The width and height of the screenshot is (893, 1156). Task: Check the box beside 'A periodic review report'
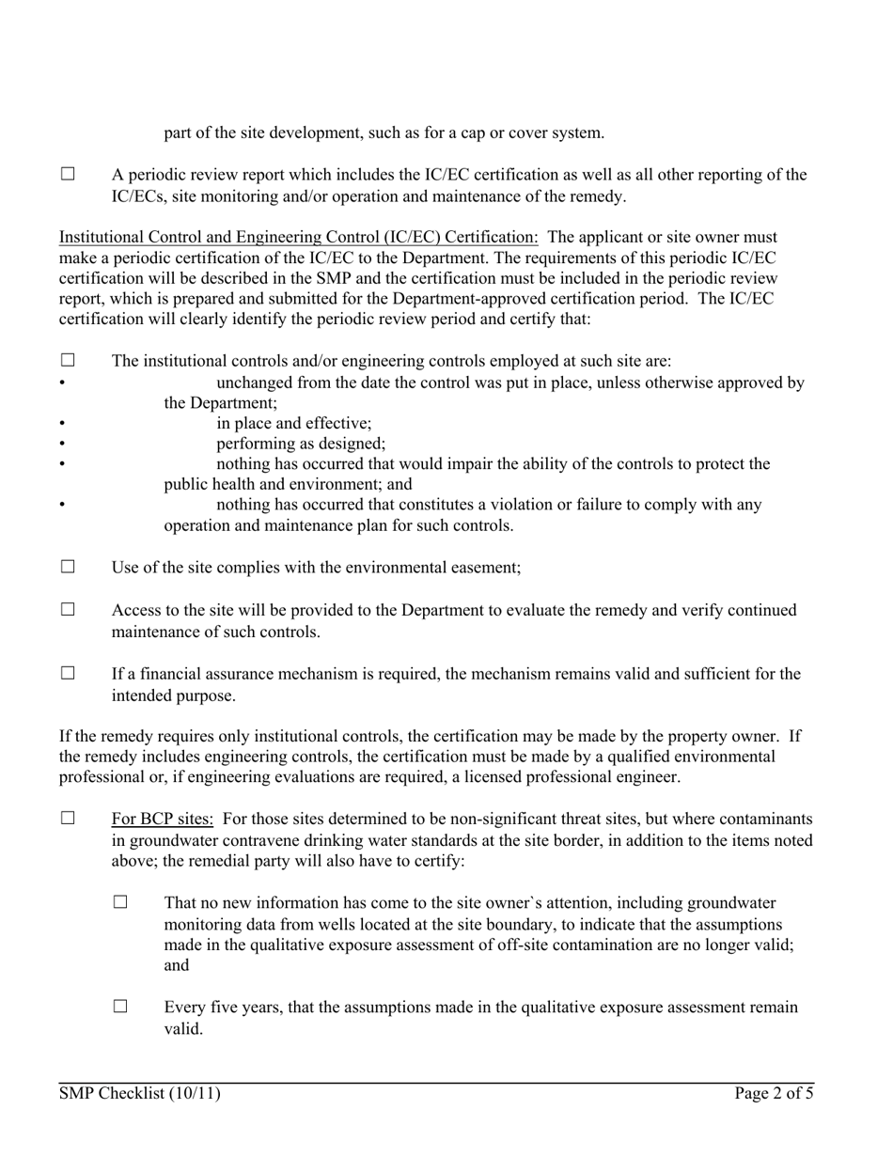pos(67,175)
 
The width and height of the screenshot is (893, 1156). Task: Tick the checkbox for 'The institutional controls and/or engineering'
pos(67,360)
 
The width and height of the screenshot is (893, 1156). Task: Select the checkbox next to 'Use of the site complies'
pos(67,568)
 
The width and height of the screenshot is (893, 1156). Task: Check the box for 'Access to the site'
pos(67,610)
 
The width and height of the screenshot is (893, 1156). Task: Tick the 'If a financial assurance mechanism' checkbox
pos(67,674)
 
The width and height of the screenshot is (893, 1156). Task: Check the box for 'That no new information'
pos(119,903)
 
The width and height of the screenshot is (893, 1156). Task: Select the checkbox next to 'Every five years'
pos(119,1008)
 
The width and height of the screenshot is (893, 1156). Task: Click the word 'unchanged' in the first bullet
pos(257,383)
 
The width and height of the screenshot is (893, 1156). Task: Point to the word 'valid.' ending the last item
pos(183,1029)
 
